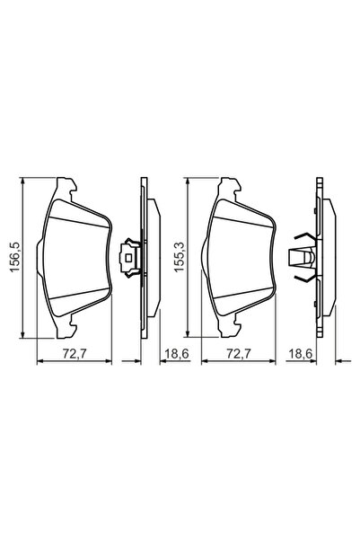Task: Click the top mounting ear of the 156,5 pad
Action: (65, 187)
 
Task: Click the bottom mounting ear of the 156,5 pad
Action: (65, 332)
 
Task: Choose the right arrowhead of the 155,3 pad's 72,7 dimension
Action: (273, 362)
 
